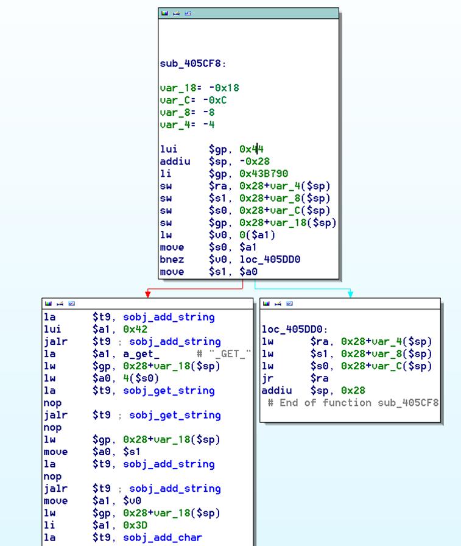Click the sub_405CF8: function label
coord(193,64)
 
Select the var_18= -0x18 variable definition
coord(199,88)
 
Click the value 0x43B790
coord(264,174)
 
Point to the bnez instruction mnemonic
coord(172,260)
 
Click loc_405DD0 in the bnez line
coord(270,260)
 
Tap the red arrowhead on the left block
coord(148,294)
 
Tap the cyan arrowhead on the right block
coord(350,294)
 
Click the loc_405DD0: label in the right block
coord(295,329)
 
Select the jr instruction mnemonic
coord(267,378)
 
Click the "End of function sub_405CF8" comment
coord(353,403)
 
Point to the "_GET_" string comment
coord(223,354)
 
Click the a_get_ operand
coord(141,354)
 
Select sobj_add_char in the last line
coord(163,537)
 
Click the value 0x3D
coord(135,525)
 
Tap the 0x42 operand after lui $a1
coord(135,330)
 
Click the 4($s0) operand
coord(141,378)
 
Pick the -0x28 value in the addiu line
coord(255,161)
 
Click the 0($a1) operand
coord(257,235)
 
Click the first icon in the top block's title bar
coord(164,13)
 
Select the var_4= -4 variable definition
coord(187,125)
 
